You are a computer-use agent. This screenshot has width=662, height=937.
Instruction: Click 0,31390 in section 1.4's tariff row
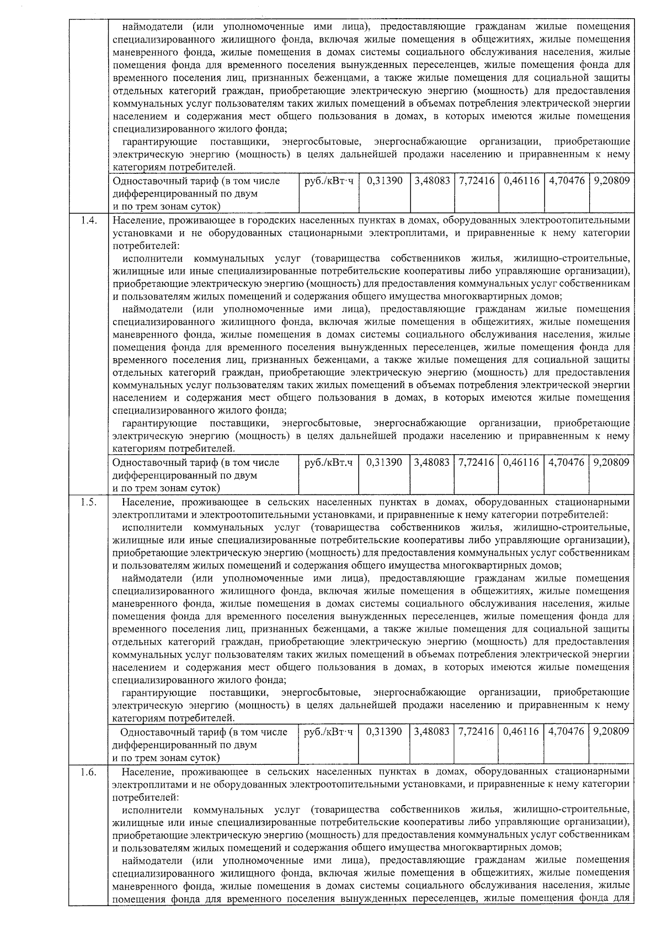tap(384, 462)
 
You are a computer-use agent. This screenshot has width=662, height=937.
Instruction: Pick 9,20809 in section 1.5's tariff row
tap(611, 732)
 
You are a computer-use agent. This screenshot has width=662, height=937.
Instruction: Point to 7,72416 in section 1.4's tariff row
tap(476, 462)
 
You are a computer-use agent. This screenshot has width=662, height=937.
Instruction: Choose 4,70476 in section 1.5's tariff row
tap(566, 732)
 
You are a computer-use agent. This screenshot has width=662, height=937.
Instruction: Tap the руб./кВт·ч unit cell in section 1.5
tap(328, 732)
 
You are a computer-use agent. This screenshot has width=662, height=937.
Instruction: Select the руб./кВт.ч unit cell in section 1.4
tap(328, 462)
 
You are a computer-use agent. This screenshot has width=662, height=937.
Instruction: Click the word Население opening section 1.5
tap(145, 502)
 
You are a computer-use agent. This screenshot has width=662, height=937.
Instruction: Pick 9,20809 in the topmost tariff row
tap(611, 180)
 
